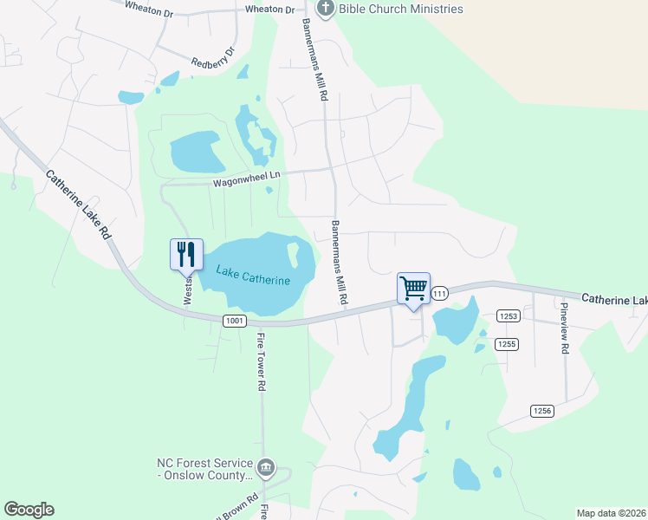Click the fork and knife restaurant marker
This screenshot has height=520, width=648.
point(186,254)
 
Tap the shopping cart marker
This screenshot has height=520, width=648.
point(413,288)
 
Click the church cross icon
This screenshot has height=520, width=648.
point(326,10)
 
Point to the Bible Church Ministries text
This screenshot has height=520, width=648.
point(401,10)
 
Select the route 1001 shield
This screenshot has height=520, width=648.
point(234,321)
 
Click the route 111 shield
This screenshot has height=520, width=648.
point(439,294)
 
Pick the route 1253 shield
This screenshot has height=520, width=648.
point(508,316)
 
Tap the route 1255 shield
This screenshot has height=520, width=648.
point(506,344)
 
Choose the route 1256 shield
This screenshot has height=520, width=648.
point(541,410)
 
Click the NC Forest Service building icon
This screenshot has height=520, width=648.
point(266,469)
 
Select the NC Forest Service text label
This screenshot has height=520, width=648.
point(205,470)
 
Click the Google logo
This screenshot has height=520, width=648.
point(29,510)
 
